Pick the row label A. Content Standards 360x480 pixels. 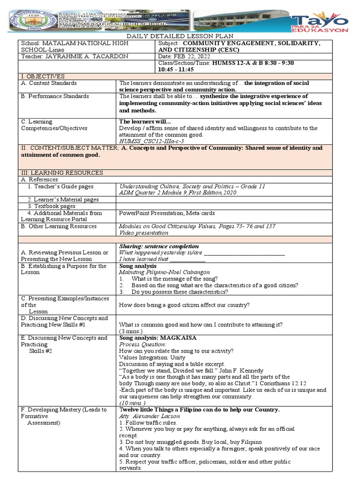(49, 83)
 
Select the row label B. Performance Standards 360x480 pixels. (54, 96)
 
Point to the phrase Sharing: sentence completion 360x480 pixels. (159, 246)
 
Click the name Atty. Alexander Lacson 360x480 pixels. (148, 416)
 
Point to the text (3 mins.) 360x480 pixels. (130, 330)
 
